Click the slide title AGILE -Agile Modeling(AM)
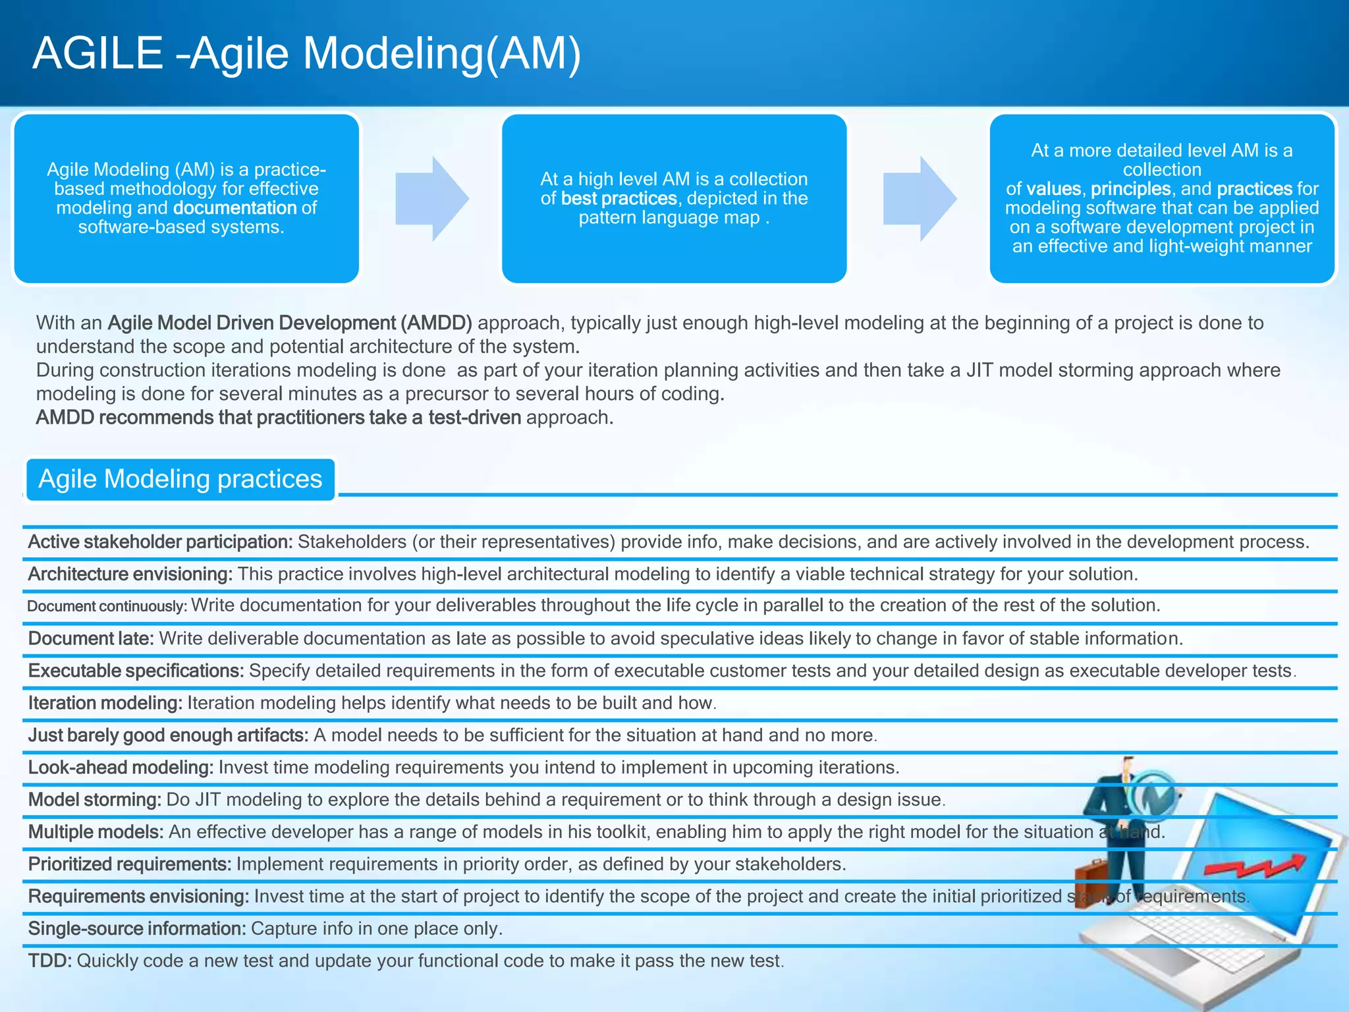[x=307, y=53]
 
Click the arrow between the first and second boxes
[x=431, y=198]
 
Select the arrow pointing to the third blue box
[x=919, y=198]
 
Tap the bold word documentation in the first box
[x=235, y=208]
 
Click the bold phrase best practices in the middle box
[x=619, y=198]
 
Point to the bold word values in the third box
[x=1053, y=189]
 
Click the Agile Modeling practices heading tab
[x=180, y=479]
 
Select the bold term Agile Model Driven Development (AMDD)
[x=290, y=323]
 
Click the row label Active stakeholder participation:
[x=160, y=542]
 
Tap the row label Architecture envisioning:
[x=130, y=574]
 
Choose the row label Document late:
[x=91, y=638]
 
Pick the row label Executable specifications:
[x=136, y=671]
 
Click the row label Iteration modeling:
[x=105, y=703]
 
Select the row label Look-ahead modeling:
[x=121, y=768]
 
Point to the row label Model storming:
[x=95, y=800]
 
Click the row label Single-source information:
[x=137, y=929]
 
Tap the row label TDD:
[x=50, y=961]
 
